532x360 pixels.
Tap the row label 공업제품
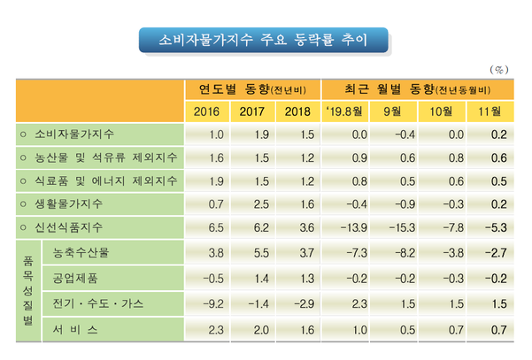pyautogui.click(x=76, y=279)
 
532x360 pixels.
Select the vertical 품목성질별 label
pyautogui.click(x=27, y=292)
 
